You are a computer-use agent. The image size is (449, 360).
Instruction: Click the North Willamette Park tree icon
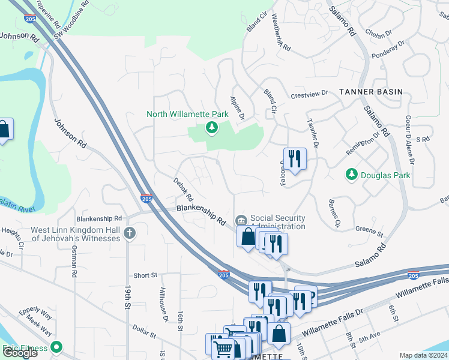[x=211, y=127]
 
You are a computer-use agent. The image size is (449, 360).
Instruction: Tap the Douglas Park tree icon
[x=352, y=175]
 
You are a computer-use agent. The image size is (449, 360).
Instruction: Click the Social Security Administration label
[x=277, y=222]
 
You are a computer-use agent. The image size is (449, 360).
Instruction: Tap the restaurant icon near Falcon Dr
[x=294, y=159]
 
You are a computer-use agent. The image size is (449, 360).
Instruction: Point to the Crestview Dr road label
[x=310, y=94]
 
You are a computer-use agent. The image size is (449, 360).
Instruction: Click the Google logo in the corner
[x=20, y=353]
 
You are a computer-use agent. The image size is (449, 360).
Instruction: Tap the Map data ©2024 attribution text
[x=423, y=355]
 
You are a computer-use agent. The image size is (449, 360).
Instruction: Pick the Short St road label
[x=145, y=275]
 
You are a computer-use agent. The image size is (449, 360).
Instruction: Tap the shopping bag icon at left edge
[x=4, y=130]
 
